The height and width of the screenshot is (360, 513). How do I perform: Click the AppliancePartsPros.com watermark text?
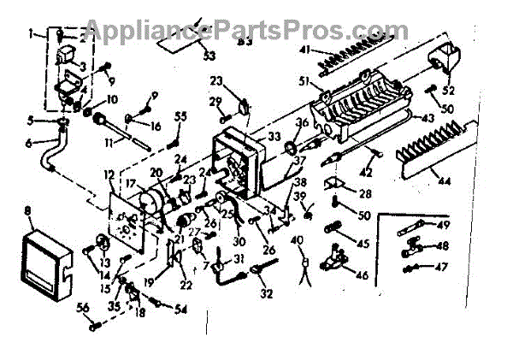256,32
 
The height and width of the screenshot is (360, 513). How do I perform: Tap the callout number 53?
210,57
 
